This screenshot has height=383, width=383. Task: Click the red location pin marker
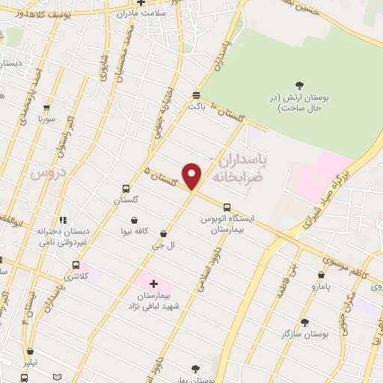coord(193,176)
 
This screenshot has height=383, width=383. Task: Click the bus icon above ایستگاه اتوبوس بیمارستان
coord(227,206)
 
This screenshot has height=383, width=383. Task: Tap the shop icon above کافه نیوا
coord(133,220)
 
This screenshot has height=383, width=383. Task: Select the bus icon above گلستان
coord(125,189)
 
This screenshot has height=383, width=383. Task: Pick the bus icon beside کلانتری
coord(76,265)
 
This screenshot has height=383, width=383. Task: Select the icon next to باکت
coord(197,95)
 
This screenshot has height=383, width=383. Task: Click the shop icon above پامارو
coord(322,275)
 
